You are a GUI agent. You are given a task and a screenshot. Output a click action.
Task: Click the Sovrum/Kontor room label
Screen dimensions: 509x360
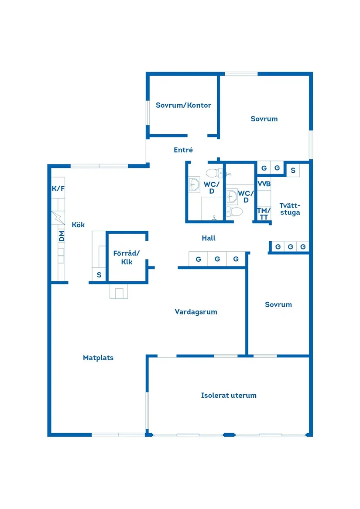tap(183, 105)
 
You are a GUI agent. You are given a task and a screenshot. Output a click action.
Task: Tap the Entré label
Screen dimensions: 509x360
tap(183, 150)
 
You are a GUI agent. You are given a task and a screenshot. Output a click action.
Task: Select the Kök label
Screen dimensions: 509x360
tap(78, 225)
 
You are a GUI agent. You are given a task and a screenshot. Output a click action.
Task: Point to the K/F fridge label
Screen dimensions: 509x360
tap(58, 188)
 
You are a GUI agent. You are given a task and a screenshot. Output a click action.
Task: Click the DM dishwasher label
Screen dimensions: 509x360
tap(62, 237)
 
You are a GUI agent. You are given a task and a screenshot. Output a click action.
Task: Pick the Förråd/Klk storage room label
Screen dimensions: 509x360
tap(126, 257)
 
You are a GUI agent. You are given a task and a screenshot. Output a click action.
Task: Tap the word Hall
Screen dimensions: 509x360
tap(209, 238)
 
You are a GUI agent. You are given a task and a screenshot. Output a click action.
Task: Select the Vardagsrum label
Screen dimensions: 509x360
tap(196, 312)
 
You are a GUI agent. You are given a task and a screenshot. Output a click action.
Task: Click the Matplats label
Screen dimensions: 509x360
tap(98, 358)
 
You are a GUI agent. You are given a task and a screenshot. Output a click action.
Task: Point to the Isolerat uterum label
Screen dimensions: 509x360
tap(229, 396)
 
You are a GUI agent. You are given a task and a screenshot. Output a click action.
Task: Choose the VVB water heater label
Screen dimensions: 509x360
tap(264, 184)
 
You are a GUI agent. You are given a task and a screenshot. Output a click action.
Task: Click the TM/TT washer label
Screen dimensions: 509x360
tap(264, 214)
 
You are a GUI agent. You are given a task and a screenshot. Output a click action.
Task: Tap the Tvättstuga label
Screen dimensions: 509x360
tap(290, 209)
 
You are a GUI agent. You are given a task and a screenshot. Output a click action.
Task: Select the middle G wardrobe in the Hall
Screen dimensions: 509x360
tap(217, 259)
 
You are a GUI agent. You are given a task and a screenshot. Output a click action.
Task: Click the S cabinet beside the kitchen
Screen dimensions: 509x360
tap(99, 275)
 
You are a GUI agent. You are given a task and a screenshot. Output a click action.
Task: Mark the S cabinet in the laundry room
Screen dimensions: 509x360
tap(293, 170)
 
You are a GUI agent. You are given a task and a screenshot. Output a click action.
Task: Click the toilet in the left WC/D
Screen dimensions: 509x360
tap(214, 173)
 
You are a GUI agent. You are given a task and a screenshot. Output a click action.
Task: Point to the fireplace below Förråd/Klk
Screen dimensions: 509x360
tap(119, 291)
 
